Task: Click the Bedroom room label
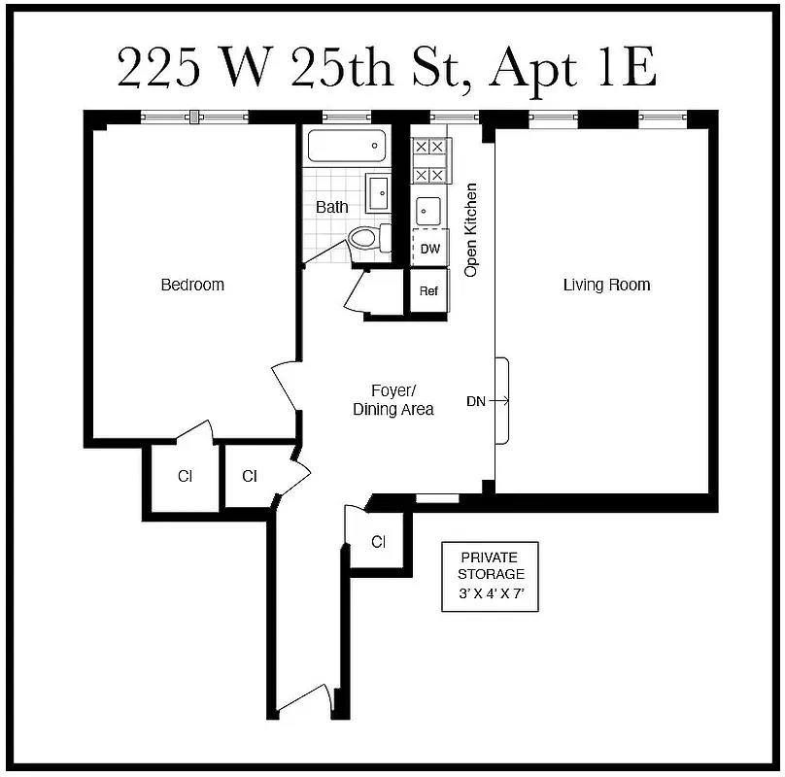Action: click(192, 285)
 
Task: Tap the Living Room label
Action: click(606, 285)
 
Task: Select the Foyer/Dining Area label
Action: click(392, 400)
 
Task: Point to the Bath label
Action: click(331, 207)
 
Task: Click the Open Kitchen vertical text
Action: click(471, 230)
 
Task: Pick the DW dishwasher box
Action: click(429, 249)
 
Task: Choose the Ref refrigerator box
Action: click(428, 291)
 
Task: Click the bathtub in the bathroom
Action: click(347, 147)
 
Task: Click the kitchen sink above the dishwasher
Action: click(428, 211)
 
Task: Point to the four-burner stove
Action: click(429, 161)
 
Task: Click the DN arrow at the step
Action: click(489, 400)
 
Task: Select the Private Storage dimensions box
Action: click(491, 576)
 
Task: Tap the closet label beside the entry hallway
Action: click(379, 542)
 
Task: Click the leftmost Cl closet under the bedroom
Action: click(184, 476)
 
